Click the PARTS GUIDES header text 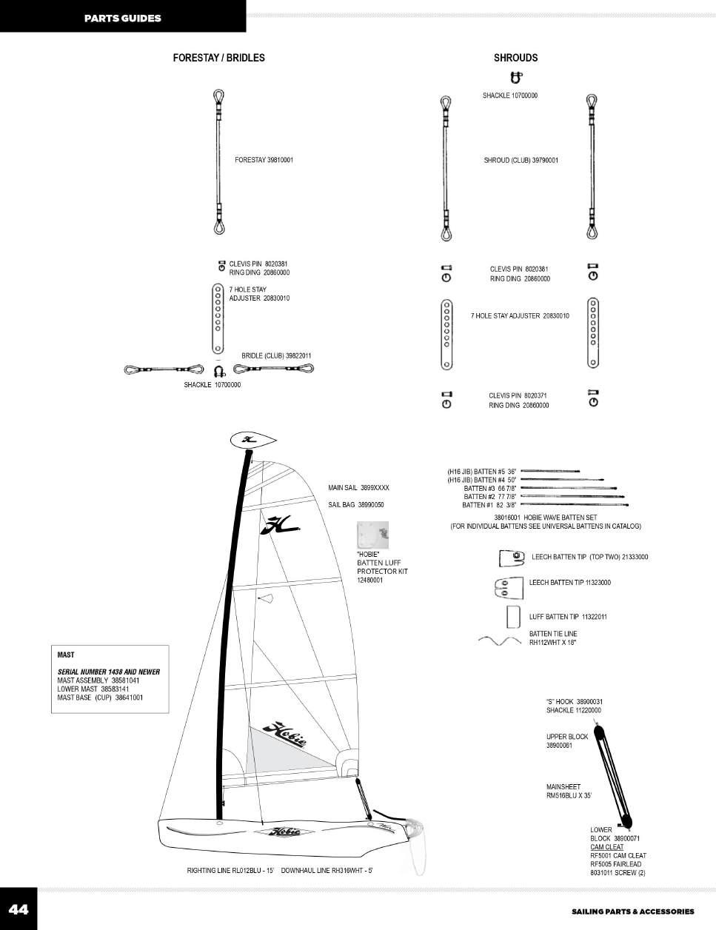pos(122,18)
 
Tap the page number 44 pos(19,909)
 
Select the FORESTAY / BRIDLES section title pos(218,58)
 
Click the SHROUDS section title pos(515,58)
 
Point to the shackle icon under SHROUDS pos(516,76)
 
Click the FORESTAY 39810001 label pos(264,160)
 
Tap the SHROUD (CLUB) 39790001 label pos(521,161)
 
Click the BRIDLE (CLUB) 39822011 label pos(276,356)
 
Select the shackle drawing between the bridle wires pos(218,369)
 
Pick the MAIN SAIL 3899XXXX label pos(358,488)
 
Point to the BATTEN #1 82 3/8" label pos(489,505)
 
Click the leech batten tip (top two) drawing pos(512,558)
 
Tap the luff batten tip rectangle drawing pos(511,616)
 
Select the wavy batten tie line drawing pos(501,640)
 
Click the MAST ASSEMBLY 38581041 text pos(98,680)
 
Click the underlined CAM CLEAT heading pos(606,847)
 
